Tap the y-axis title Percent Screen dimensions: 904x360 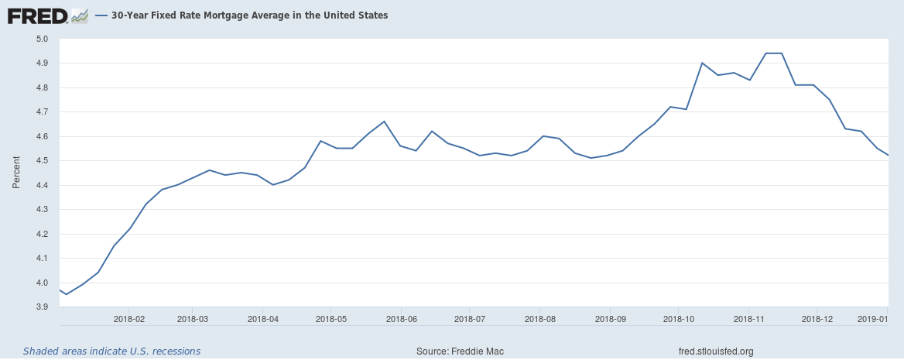coord(16,172)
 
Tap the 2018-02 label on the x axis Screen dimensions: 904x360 coord(128,318)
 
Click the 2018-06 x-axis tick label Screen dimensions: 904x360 coord(400,318)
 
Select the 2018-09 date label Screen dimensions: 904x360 coord(609,318)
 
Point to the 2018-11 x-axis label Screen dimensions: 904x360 coord(748,318)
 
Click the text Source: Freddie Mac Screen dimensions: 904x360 coord(460,351)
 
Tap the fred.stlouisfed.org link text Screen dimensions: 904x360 coord(717,351)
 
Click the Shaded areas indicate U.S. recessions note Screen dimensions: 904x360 coord(112,351)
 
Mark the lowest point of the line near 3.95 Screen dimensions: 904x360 coord(67,294)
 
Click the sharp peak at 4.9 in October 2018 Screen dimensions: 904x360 coord(702,63)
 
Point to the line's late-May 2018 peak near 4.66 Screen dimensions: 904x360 coord(384,122)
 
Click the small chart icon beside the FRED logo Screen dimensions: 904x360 coord(80,16)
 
